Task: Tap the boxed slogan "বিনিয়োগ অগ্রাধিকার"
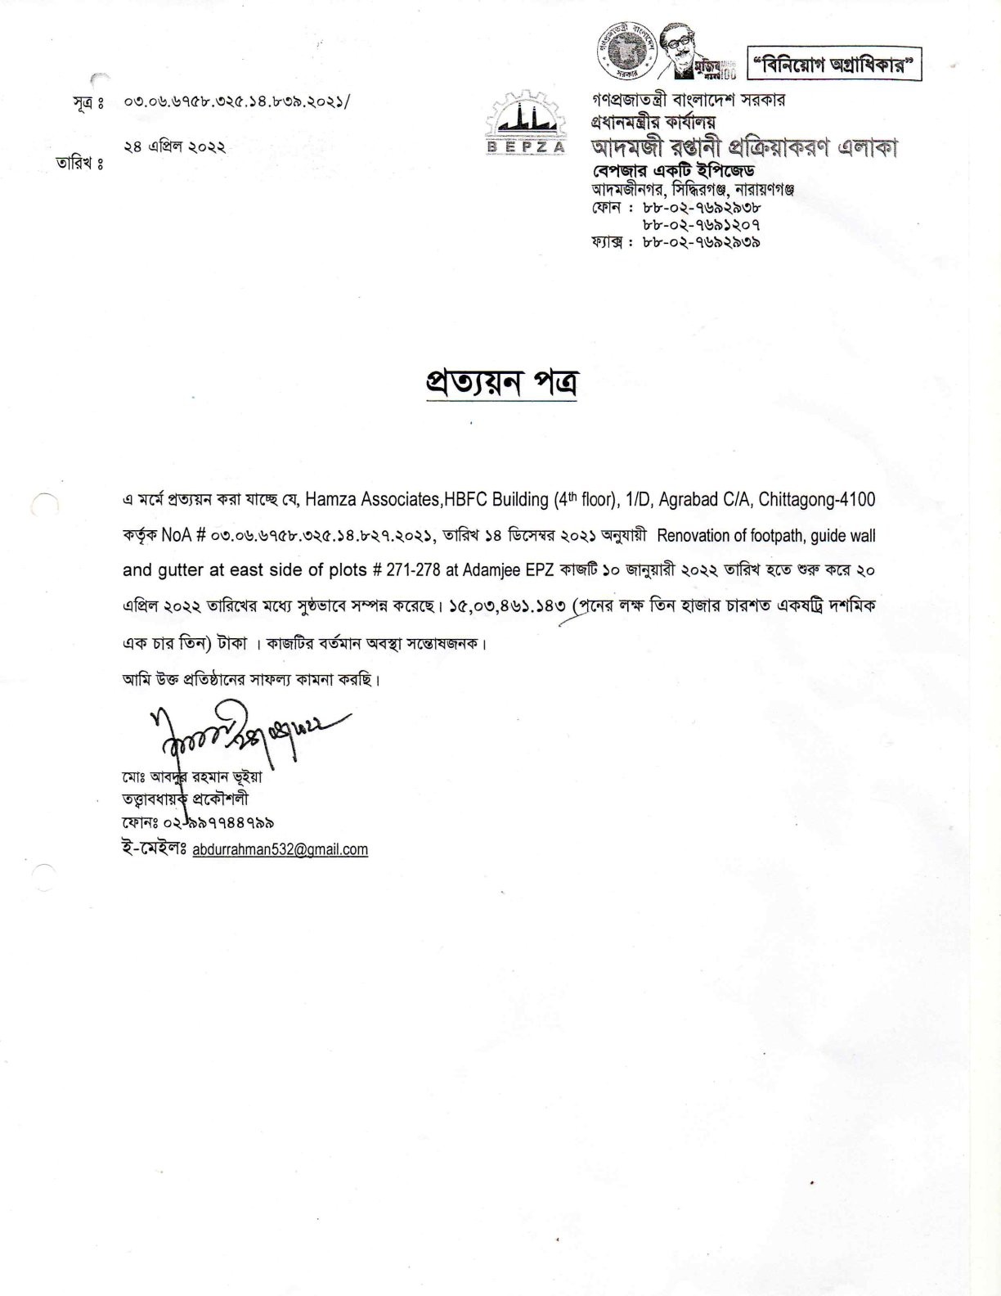coord(834,64)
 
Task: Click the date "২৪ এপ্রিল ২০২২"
coord(174,147)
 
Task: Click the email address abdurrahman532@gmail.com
coord(280,849)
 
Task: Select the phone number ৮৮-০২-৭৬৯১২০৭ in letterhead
coord(702,224)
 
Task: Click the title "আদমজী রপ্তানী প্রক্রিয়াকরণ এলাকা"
coord(744,148)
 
